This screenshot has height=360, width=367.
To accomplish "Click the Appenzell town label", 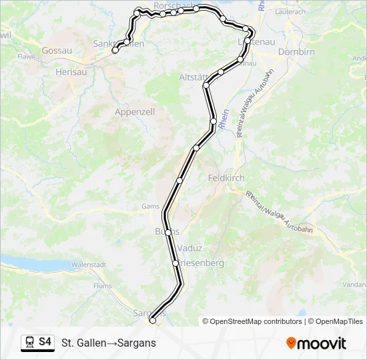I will [135, 112].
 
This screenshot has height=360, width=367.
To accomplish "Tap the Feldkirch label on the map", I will [226, 178].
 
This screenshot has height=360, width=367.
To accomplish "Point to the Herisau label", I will [72, 71].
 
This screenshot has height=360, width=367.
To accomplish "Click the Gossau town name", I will [56, 50].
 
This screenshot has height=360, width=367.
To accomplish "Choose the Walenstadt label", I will [89, 265].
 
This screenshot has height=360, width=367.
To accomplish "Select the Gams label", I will [150, 207].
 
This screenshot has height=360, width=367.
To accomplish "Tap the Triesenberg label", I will [200, 263].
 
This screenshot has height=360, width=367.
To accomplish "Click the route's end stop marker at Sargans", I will [152, 321].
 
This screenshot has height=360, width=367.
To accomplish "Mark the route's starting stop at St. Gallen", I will [115, 50].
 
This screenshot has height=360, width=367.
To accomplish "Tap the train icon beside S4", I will [29, 342].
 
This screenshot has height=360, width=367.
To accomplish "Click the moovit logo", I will [316, 343].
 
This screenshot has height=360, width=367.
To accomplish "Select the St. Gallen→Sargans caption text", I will [108, 343].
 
